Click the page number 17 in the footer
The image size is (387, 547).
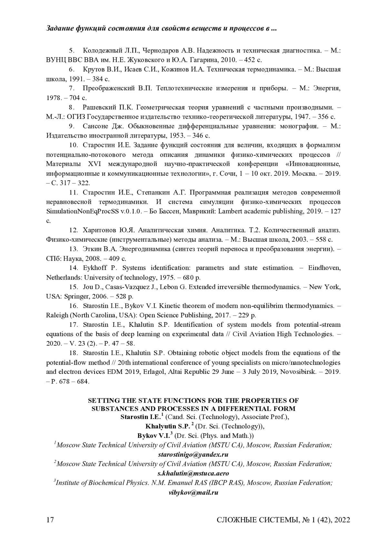[50, 520]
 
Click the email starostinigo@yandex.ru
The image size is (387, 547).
[193, 454]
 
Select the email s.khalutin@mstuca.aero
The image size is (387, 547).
[193, 474]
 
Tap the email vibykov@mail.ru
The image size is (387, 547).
[193, 493]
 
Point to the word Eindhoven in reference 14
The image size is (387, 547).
[324, 268]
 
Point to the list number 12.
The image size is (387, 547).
[74, 230]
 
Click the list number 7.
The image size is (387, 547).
[72, 88]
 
